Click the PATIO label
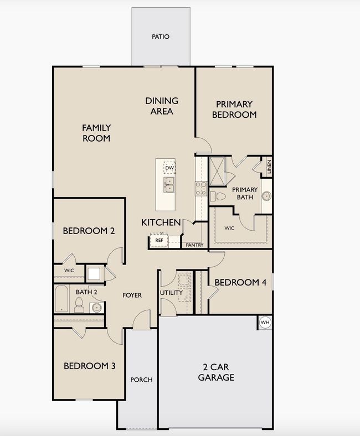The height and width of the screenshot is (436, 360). coord(161,37)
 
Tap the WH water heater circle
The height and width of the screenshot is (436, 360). coord(265,323)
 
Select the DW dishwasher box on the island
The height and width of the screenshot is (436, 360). coord(169,168)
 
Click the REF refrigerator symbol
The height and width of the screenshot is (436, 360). coord(159,240)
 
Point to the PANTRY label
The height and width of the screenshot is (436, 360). coord(194,245)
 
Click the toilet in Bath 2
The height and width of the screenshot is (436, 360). coord(79,305)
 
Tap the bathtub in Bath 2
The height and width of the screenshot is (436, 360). coord(61,299)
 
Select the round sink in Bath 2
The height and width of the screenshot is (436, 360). coord(96,308)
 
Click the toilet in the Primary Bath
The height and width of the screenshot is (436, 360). coord(218,196)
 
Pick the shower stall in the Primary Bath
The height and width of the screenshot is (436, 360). coord(217,172)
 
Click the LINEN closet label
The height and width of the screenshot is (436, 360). coord(269,167)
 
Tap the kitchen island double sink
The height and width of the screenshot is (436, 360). coord(169,185)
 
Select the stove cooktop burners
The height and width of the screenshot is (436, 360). coord(200,189)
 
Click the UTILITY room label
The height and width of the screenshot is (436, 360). coord(171,293)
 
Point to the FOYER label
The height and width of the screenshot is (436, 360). coord(132,295)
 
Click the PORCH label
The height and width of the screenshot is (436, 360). coord(141,380)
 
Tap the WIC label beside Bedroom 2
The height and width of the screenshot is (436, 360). coord(69,270)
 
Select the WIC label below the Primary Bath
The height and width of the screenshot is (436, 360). coord(229,228)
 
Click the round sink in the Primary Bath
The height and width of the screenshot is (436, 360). coord(266,196)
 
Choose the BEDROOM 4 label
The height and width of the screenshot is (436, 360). coord(240,283)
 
